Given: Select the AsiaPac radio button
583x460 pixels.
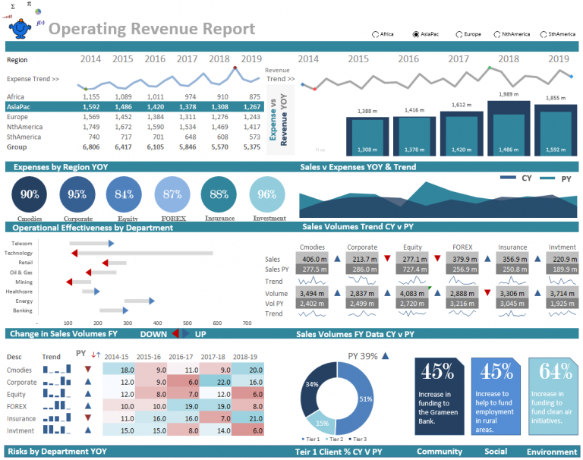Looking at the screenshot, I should click(x=416, y=34).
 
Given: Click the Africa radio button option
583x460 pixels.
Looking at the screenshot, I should click(x=376, y=34).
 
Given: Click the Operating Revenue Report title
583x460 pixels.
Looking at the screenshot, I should click(x=157, y=29).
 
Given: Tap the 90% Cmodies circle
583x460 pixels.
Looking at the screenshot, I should click(x=30, y=194).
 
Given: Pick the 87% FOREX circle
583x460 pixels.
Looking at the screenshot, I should click(x=172, y=194).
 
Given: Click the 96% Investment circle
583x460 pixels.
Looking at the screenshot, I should click(x=267, y=194).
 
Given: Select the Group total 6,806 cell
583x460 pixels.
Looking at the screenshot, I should click(x=91, y=147).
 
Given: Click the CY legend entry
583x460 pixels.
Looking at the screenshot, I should click(x=516, y=178).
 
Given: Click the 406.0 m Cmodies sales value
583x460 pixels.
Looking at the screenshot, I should click(x=314, y=259).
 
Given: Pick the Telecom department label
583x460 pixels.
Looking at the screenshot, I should click(x=22, y=243).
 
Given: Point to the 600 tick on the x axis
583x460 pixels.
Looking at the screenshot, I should click(x=217, y=323).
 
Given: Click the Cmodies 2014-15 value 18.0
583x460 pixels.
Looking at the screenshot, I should click(x=127, y=370).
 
